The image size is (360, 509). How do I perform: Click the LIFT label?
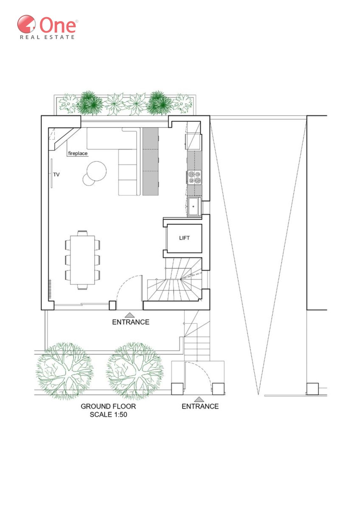(x=184, y=238)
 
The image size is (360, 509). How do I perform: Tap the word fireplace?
(x=78, y=153)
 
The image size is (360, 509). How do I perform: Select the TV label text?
(x=56, y=175)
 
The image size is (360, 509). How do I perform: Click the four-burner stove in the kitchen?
(x=195, y=177)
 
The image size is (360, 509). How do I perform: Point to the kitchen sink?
(x=194, y=206)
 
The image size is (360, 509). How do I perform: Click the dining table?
(x=82, y=260)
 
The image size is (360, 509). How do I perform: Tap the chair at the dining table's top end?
(x=82, y=233)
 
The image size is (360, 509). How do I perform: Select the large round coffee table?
(x=97, y=171)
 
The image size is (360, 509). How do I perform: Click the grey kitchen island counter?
(x=150, y=161)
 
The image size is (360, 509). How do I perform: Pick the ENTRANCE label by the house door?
(x=131, y=322)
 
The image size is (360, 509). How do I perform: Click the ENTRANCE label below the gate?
(x=200, y=406)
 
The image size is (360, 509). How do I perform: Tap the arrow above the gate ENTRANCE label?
(x=199, y=399)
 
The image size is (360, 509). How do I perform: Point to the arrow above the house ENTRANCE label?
(x=130, y=315)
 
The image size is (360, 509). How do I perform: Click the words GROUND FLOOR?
(x=108, y=406)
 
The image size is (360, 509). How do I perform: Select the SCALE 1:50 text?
(x=109, y=415)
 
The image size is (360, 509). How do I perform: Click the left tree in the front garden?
(x=65, y=371)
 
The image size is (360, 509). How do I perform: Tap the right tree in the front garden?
(x=135, y=371)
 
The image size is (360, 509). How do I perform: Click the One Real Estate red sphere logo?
(x=26, y=24)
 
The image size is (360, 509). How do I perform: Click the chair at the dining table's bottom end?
(x=82, y=287)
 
